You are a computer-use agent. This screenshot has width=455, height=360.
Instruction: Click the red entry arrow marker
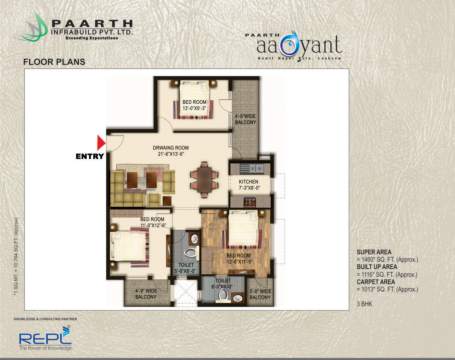[x=101, y=143]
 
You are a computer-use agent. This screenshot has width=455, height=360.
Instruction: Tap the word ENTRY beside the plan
[x=90, y=156]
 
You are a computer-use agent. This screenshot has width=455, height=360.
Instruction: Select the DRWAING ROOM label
[x=171, y=147]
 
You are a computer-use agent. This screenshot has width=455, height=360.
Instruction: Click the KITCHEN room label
[x=248, y=182]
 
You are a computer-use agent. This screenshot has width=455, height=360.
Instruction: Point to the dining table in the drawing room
[x=204, y=180]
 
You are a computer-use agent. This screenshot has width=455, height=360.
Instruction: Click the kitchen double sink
[x=252, y=168]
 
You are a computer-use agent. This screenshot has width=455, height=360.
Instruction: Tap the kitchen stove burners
[x=250, y=201]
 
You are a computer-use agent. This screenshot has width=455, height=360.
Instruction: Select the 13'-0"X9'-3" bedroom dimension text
[x=194, y=108]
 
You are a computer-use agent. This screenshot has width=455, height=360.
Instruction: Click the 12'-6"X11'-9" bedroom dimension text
[x=239, y=262]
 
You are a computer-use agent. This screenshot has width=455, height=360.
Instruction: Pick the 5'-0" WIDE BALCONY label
[x=260, y=294]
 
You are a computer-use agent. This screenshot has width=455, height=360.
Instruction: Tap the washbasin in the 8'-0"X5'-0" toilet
[x=238, y=298]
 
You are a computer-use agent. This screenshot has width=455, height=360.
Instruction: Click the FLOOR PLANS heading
[x=54, y=62]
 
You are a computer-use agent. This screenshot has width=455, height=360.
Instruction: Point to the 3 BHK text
[x=364, y=304]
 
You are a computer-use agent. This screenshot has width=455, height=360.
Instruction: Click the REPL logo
[x=45, y=338]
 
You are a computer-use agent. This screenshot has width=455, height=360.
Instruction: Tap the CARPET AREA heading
[x=376, y=282]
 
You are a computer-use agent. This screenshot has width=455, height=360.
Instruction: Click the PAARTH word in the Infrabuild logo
[x=92, y=24]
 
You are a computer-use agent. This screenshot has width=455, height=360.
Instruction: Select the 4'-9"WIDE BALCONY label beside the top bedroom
[x=246, y=119]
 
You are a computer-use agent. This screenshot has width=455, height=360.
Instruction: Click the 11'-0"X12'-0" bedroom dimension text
[x=153, y=225]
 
